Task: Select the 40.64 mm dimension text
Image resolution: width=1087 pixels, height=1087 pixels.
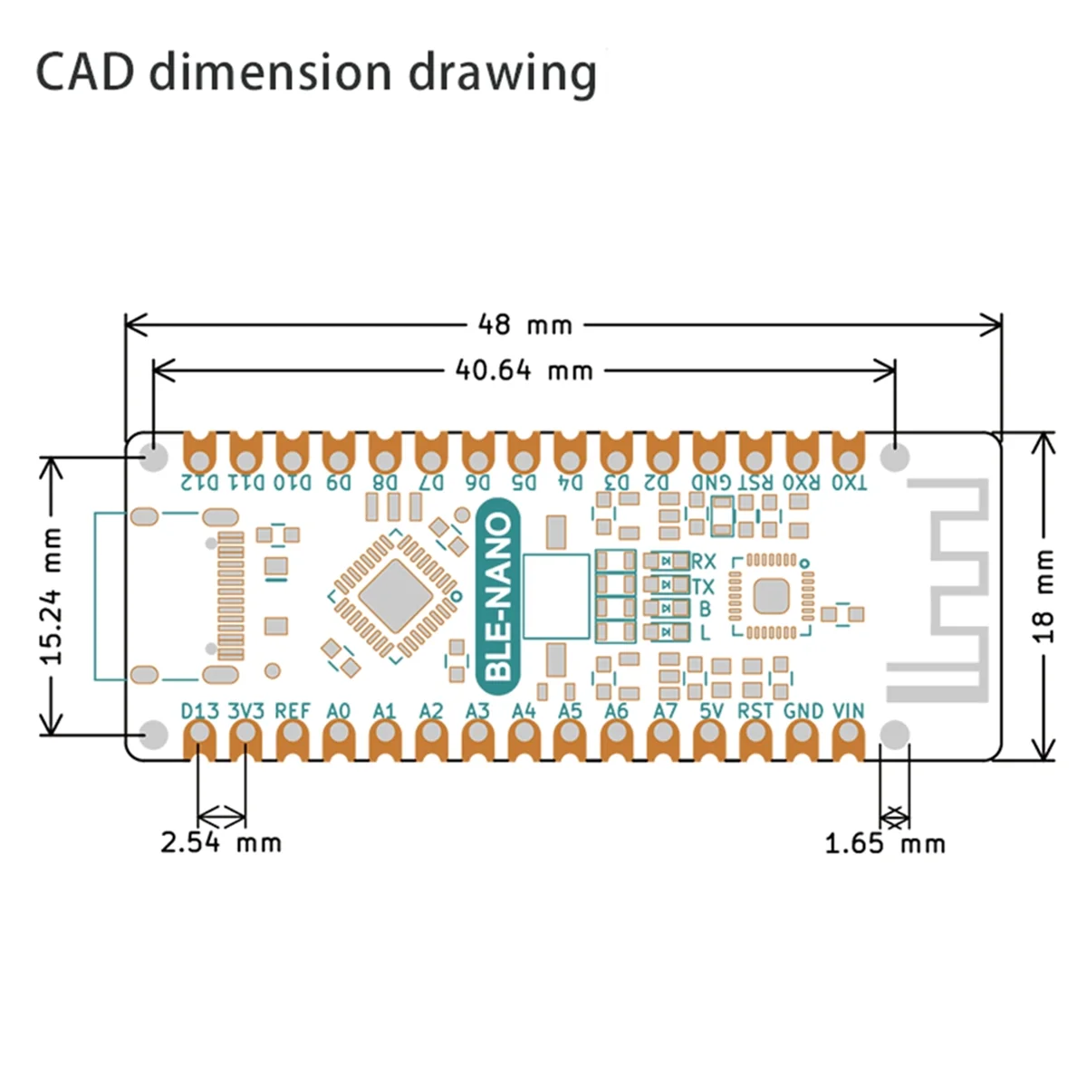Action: click(524, 370)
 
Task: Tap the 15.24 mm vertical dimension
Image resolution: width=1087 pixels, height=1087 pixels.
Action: click(53, 596)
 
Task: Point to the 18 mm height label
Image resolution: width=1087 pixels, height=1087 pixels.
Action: click(1044, 596)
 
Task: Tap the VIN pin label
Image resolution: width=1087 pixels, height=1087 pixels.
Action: click(848, 711)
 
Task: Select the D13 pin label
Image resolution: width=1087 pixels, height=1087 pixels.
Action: click(199, 711)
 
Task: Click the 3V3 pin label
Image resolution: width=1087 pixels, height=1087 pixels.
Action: click(245, 711)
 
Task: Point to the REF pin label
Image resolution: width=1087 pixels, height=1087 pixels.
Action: click(292, 711)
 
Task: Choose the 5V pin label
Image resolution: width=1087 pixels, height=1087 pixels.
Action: click(711, 711)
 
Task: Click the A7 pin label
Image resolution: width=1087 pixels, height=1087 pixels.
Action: click(665, 711)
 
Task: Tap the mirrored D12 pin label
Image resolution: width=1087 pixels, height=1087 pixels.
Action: click(200, 482)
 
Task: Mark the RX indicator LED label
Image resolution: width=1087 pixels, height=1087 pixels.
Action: click(703, 562)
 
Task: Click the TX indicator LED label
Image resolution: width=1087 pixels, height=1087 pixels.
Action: click(703, 586)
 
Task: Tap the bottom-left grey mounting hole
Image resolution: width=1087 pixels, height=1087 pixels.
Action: click(155, 734)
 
